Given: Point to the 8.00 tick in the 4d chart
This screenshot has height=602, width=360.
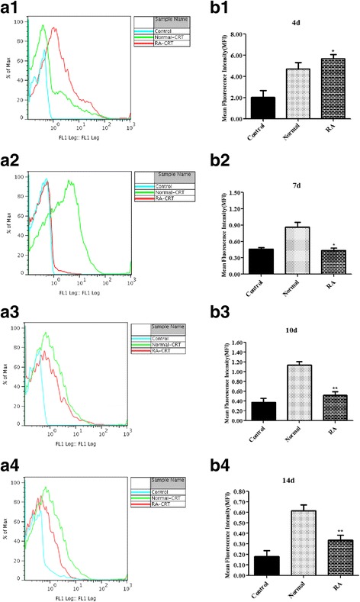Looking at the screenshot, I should click(231, 35).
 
